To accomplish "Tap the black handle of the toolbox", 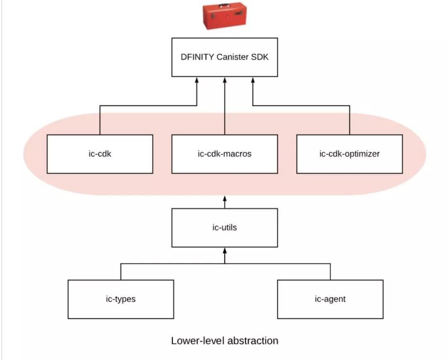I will coord(225,5).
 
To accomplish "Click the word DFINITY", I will coord(197,57).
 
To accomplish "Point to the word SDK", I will coord(260,57).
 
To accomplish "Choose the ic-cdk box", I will coord(100,154).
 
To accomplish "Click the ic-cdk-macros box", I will coord(225,154).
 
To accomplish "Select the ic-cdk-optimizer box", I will coord(349,154).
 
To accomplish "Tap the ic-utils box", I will coord(225,228).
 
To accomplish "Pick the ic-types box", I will coord(120,299).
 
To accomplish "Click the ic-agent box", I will coord(330,299).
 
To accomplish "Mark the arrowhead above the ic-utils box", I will coord(225,199).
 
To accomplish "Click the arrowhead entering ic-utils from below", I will coord(225,250).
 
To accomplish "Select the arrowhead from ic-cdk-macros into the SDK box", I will coord(225,80).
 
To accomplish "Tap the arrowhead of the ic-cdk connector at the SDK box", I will coord(197,80).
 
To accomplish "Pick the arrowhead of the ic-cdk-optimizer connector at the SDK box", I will coord(253,80).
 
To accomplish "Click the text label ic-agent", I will coord(330,299).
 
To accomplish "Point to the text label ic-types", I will coord(120,299).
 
